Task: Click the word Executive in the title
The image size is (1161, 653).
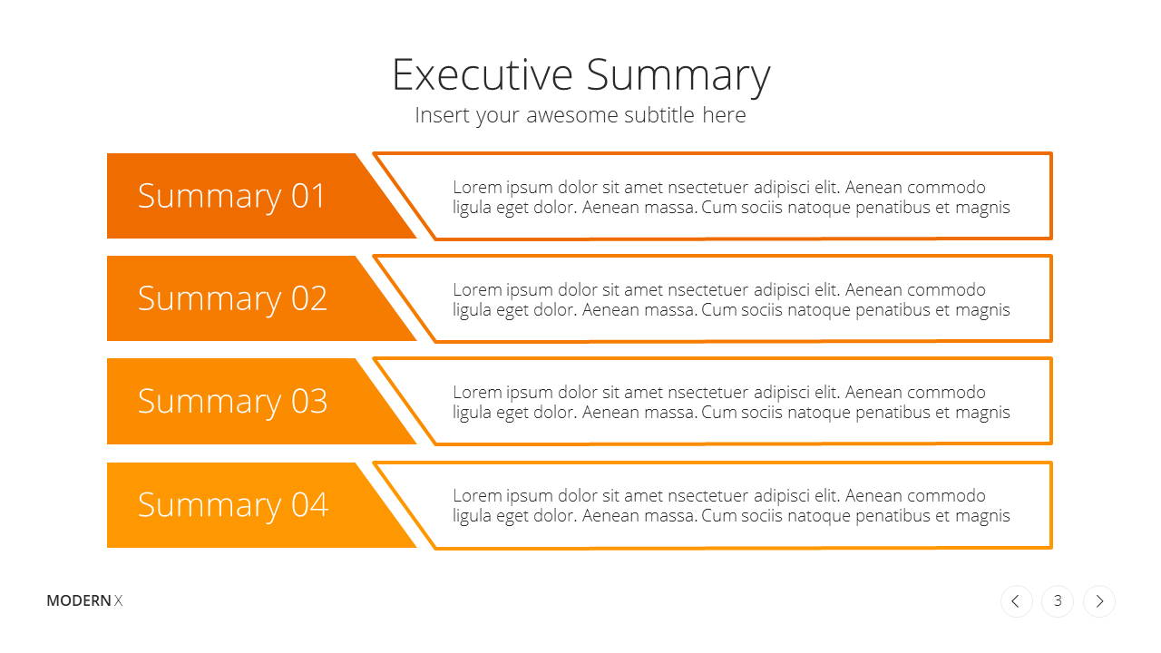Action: (483, 75)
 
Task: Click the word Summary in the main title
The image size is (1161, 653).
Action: (678, 77)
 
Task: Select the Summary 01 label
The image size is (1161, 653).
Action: (231, 197)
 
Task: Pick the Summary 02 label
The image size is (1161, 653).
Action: (232, 299)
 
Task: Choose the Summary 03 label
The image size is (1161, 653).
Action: (232, 402)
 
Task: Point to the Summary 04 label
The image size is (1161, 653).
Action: (233, 505)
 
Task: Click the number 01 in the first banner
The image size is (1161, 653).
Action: (307, 196)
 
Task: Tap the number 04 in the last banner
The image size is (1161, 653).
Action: (309, 504)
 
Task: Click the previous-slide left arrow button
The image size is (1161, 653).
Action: (1016, 601)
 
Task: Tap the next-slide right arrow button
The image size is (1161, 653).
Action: (1098, 601)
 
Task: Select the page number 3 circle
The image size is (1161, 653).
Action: (1058, 601)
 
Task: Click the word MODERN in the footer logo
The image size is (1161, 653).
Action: (79, 600)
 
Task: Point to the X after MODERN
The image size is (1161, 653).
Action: (118, 600)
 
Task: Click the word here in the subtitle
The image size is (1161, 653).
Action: (724, 115)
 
